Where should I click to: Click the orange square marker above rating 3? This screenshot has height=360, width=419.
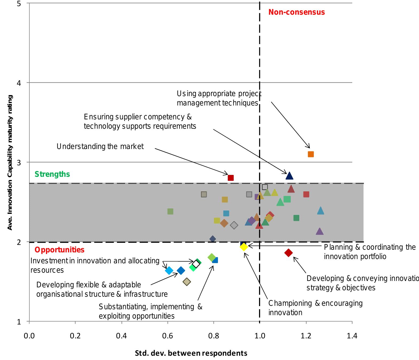tap(311, 154)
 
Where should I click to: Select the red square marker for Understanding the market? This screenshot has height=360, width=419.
tap(231, 178)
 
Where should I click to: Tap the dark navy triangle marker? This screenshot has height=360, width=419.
tap(289, 176)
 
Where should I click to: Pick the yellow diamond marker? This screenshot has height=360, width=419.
tap(244, 247)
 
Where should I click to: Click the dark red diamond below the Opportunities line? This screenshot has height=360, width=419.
tap(288, 253)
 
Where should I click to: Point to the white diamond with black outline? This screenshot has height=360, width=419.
tap(196, 264)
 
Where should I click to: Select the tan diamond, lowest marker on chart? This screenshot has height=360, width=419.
tap(187, 281)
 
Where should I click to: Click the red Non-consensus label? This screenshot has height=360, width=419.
tap(296, 12)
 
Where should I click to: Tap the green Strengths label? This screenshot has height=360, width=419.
tap(52, 174)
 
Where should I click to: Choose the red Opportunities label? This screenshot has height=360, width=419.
tap(60, 250)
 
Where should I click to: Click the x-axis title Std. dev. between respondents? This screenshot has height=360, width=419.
tap(191, 353)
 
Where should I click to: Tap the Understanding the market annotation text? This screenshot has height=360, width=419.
tap(100, 146)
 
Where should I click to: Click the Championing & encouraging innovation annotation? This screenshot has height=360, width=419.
tap(315, 308)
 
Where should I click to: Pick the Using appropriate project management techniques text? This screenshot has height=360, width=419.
tap(219, 98)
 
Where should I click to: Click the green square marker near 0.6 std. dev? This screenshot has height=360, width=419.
tap(170, 212)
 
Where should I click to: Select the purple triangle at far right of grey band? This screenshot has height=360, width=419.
tap(319, 232)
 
